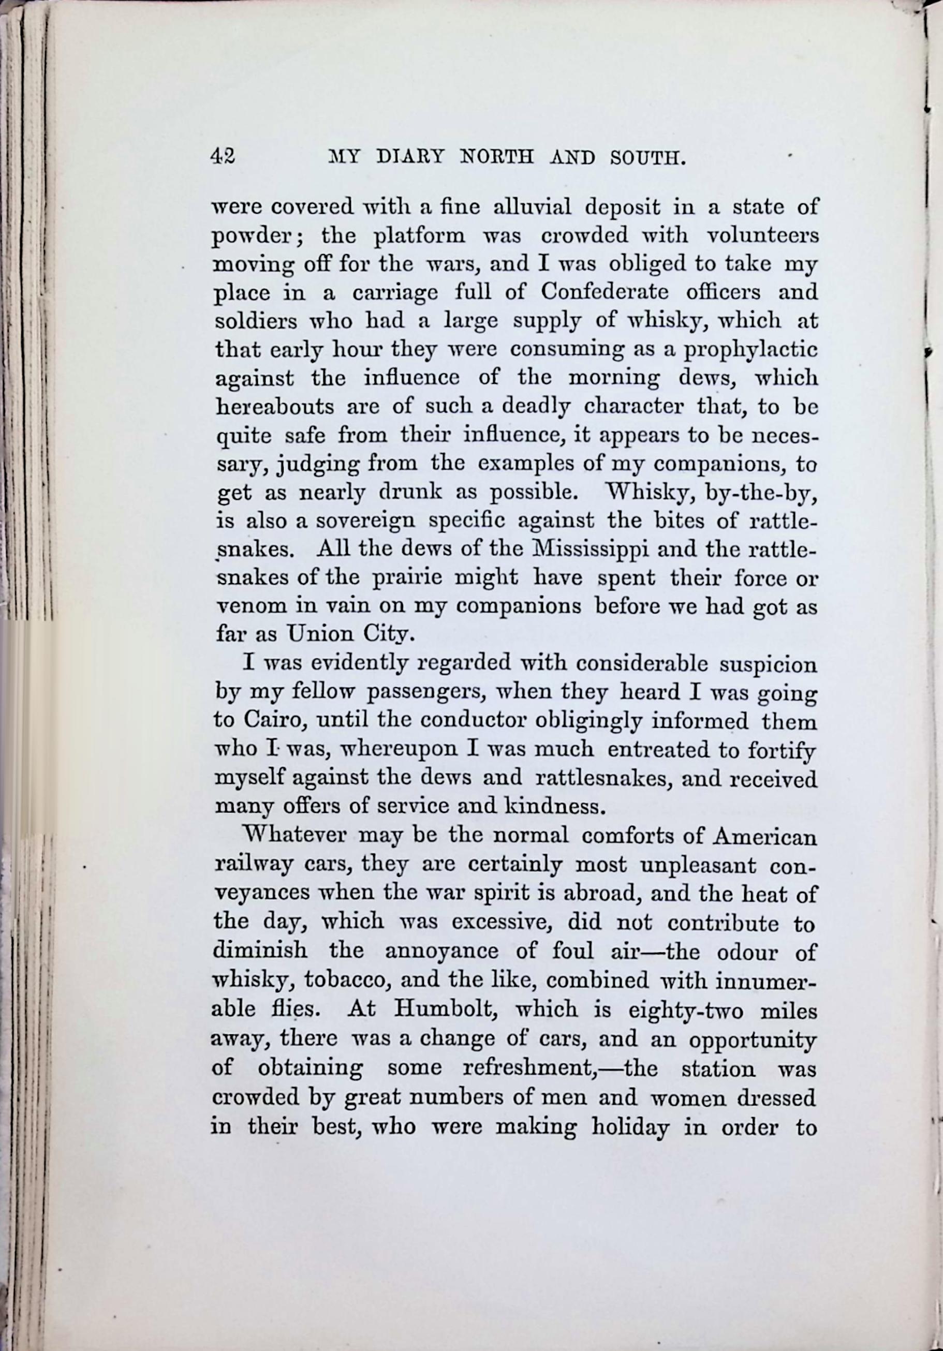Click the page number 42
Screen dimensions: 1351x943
tap(223, 156)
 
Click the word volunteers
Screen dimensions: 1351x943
tap(762, 236)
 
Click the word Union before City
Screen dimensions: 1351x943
tap(318, 634)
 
